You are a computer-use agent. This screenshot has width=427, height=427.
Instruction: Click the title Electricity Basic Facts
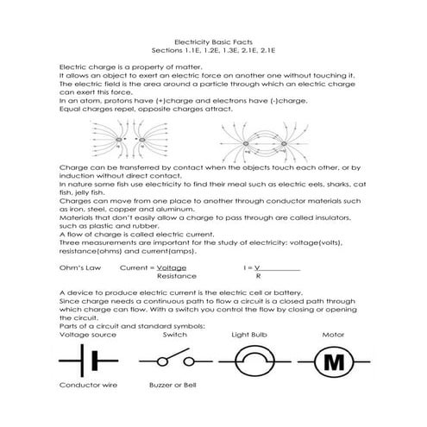point(212,41)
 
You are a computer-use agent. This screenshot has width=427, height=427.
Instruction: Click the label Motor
point(333,334)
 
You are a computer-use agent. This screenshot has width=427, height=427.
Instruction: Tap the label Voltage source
point(85,334)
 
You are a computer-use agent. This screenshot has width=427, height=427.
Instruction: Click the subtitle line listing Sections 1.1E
point(212,50)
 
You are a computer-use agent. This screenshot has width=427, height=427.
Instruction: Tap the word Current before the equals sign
point(124,268)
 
